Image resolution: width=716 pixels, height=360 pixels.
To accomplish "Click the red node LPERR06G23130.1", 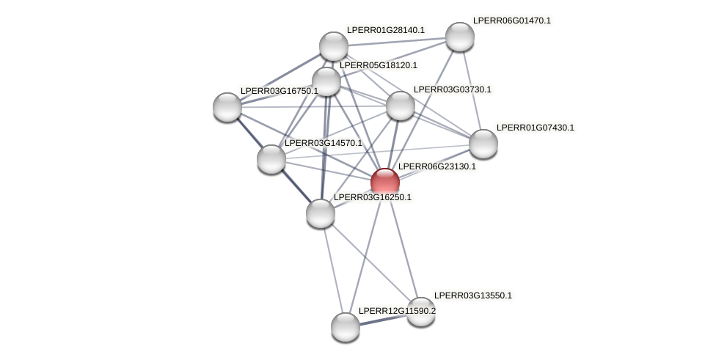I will point(385,183).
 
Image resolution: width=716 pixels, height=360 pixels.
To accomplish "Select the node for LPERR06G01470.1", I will point(460,37).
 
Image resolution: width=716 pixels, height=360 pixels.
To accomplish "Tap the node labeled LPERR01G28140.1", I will point(334,46).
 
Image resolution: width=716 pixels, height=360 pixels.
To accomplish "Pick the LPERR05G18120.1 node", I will point(326,81).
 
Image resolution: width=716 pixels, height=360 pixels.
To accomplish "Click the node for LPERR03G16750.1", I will point(227,107).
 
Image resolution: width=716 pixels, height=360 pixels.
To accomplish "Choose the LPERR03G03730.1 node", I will point(401,106).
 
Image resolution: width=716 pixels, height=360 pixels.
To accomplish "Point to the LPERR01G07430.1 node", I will point(483,144).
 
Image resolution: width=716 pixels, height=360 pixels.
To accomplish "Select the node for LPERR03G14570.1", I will point(271,159).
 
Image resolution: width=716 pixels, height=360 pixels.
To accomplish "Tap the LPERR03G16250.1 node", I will point(321,213).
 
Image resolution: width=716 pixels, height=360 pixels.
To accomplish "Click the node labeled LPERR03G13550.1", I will point(421,312).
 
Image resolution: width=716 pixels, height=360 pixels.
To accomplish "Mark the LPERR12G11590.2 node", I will point(346,327).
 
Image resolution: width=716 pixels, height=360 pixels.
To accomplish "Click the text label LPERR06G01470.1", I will point(511,21).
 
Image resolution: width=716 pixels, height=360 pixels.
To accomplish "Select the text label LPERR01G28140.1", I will point(385,30).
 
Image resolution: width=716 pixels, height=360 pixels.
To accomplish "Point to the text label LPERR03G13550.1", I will point(472,295).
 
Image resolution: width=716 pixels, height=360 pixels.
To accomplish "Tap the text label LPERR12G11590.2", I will point(397,311).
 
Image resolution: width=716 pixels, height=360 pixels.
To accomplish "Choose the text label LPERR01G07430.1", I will point(535,128).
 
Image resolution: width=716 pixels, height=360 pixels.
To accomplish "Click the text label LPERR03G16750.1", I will point(279,91).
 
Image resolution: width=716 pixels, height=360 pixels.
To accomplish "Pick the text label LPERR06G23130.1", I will point(436,166).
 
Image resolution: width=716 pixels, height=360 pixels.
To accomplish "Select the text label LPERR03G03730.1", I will point(452,89).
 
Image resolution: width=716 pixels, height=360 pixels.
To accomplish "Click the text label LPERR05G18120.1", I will point(378,65).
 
